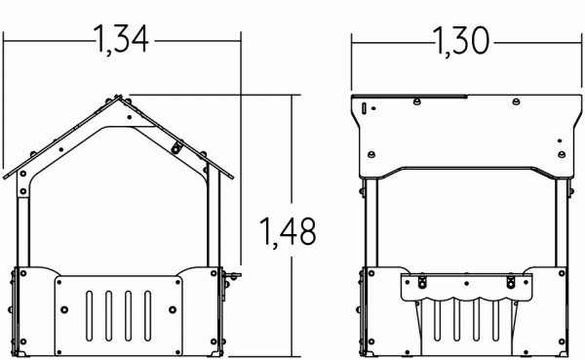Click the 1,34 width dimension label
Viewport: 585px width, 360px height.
(x=121, y=42)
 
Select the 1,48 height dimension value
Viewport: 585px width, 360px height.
(x=288, y=232)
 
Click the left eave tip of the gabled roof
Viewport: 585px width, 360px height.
(x=7, y=177)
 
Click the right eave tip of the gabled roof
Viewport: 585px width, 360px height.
(x=235, y=177)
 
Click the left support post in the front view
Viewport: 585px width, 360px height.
(x=24, y=224)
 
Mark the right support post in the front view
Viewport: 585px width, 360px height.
(x=215, y=224)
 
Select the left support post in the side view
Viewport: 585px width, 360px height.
(x=368, y=220)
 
